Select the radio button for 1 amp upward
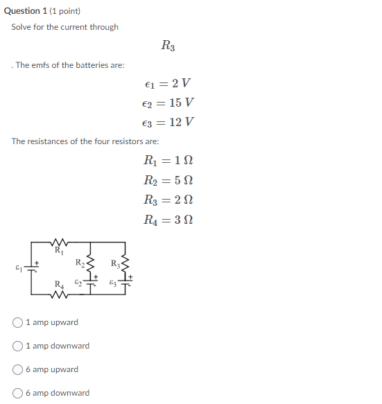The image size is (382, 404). (18, 322)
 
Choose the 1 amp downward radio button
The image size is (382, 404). (18, 346)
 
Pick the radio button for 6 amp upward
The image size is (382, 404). (18, 369)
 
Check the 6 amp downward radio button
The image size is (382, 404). (18, 393)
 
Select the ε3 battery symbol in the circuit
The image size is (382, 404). (125, 283)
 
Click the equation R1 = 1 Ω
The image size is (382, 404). (168, 161)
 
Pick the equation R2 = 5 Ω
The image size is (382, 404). (168, 181)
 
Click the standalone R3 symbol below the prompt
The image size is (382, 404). (168, 46)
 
